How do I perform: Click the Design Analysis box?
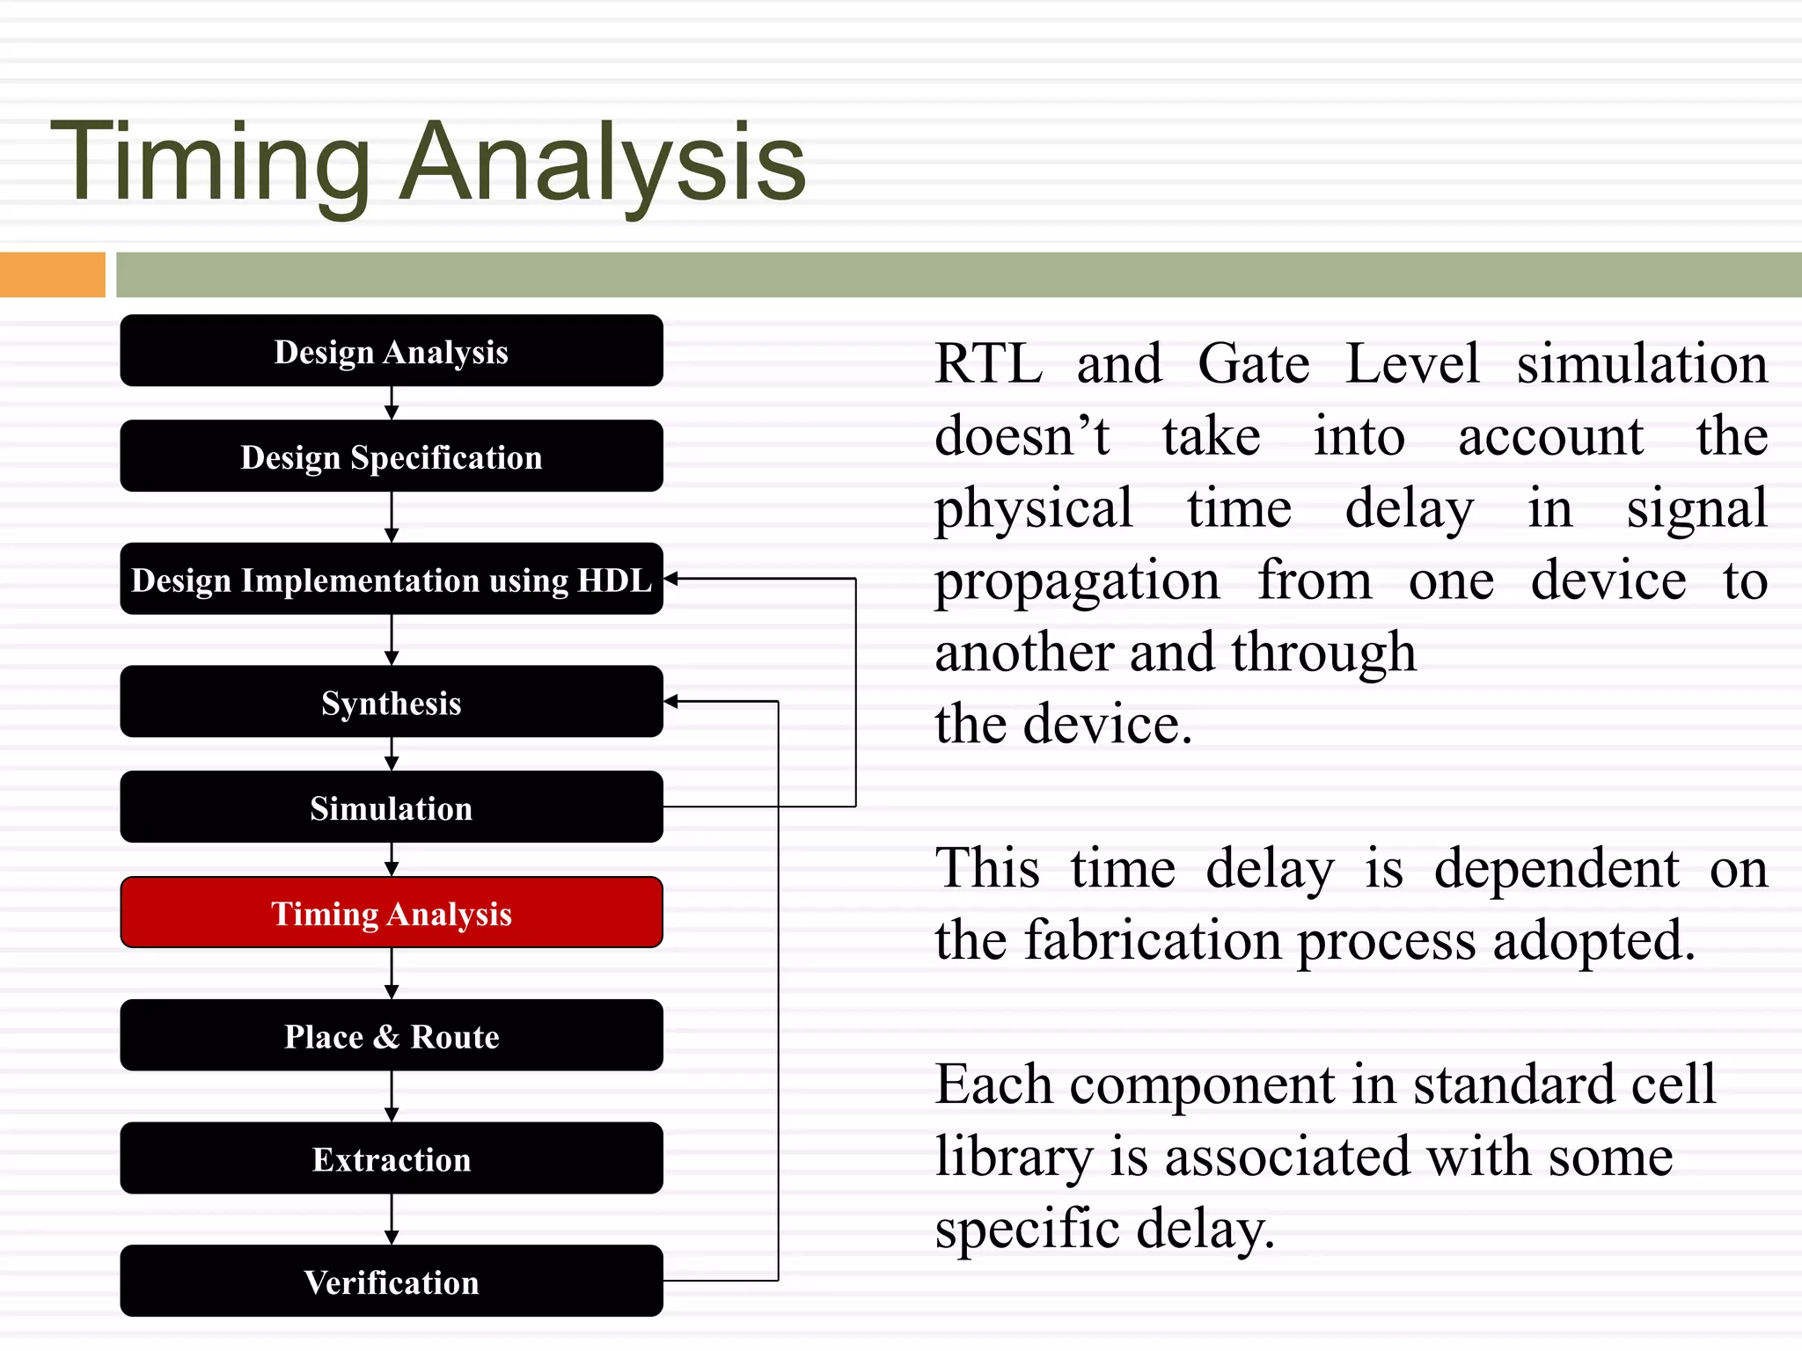(x=392, y=351)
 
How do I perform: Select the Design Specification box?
(x=392, y=456)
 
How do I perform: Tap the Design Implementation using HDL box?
(x=392, y=580)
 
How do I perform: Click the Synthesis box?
(x=392, y=702)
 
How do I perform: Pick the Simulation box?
(x=392, y=807)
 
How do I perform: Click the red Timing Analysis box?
(x=392, y=913)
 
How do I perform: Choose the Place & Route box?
(x=392, y=1035)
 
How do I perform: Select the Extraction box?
(x=392, y=1158)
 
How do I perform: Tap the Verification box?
(x=392, y=1282)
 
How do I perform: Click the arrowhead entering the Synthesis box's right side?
(x=671, y=701)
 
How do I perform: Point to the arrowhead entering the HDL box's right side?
(x=671, y=579)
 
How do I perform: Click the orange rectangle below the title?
(x=52, y=274)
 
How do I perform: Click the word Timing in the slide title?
(x=211, y=163)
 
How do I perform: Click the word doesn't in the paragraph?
(x=1022, y=436)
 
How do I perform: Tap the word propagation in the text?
(x=1077, y=581)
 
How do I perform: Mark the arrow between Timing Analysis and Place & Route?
(x=392, y=974)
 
